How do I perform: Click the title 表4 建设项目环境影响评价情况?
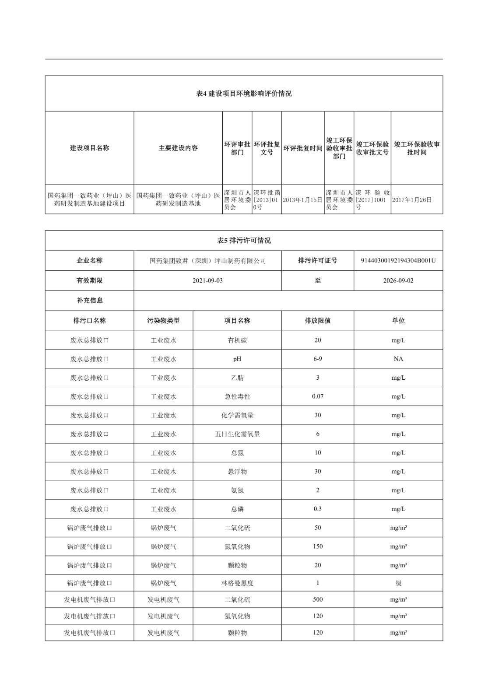click(x=244, y=94)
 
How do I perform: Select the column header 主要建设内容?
click(x=178, y=148)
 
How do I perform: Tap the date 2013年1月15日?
click(x=302, y=199)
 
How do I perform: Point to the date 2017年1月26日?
click(x=412, y=199)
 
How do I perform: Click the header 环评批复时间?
click(x=302, y=148)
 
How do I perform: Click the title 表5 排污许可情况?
click(x=244, y=241)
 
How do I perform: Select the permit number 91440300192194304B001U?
click(x=398, y=261)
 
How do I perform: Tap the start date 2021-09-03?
click(x=207, y=280)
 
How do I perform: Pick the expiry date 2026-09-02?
click(x=398, y=280)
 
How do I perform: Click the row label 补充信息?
click(x=89, y=301)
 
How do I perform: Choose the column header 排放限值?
click(x=317, y=321)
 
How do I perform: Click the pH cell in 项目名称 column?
click(x=237, y=359)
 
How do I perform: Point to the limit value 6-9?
click(x=317, y=359)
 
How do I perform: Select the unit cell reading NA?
click(x=398, y=359)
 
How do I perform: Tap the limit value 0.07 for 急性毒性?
click(x=317, y=396)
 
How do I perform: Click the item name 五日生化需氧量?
click(x=237, y=434)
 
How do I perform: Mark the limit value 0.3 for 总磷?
click(x=317, y=509)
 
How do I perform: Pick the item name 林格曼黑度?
click(x=237, y=583)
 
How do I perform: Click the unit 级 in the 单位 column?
click(x=398, y=583)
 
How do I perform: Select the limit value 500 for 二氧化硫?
click(x=317, y=599)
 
